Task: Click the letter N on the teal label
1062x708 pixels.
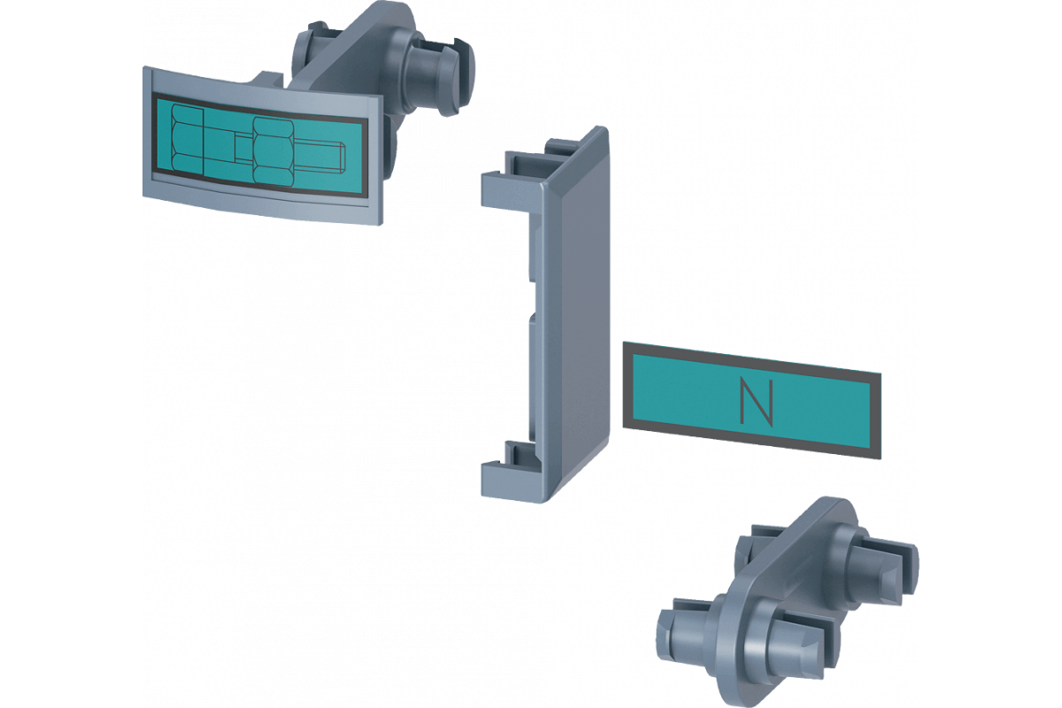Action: tap(757, 402)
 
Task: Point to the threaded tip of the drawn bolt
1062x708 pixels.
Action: tap(342, 156)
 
